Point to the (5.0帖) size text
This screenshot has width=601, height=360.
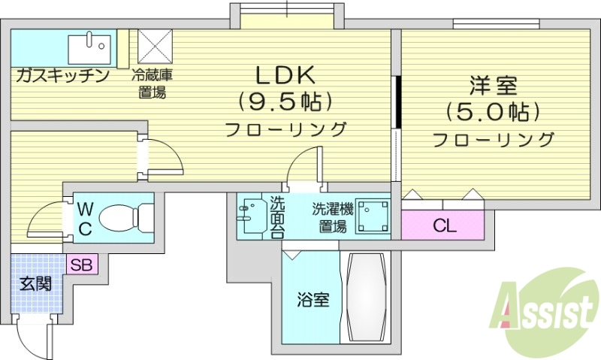[x=493, y=113]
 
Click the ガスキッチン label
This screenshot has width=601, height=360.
[x=62, y=76]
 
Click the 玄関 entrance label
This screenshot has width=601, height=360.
[x=35, y=284]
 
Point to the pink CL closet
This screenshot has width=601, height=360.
[x=444, y=225]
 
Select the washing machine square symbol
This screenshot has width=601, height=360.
[x=373, y=217]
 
